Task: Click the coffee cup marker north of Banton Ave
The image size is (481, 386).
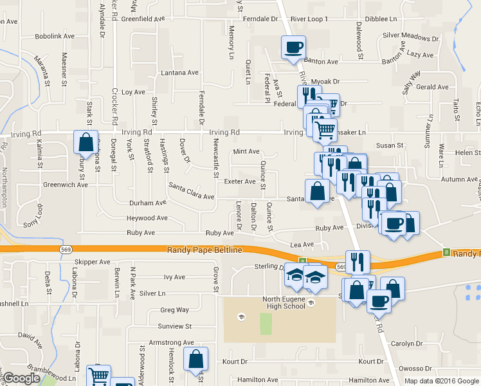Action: click(293, 47)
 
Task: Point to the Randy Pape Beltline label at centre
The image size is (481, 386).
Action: click(204, 250)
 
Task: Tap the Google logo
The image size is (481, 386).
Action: click(21, 379)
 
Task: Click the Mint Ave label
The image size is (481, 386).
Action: click(246, 152)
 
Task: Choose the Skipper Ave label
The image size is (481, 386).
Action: click(93, 262)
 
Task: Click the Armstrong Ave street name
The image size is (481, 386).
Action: click(171, 343)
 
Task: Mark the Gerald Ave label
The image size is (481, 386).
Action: click(432, 87)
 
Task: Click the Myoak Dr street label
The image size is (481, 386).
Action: click(325, 82)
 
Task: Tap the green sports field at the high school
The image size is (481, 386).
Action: click(266, 323)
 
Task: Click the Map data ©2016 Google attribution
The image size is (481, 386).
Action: click(442, 381)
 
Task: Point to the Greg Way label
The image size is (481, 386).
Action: click(174, 310)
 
